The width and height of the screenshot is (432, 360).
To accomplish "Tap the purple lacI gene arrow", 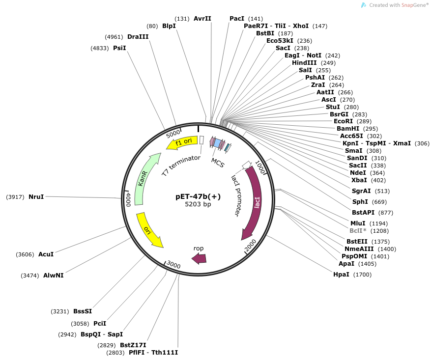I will [x=256, y=202].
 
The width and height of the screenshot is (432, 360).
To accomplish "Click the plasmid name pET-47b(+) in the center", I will [x=198, y=196].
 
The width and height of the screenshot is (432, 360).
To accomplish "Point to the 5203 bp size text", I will [x=198, y=204].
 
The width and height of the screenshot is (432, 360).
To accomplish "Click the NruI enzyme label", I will [x=36, y=196].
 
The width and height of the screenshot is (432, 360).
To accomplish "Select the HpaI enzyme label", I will [x=341, y=274].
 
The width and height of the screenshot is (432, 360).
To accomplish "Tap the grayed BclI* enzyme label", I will [x=358, y=230].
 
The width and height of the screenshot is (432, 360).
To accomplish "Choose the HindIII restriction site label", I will [x=305, y=63].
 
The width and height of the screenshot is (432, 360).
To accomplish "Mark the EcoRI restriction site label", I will [x=343, y=121].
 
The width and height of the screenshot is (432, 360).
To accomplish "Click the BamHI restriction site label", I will [x=346, y=129].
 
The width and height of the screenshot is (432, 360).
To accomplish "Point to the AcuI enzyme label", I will [x=46, y=254].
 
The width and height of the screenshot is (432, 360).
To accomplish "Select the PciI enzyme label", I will [x=100, y=323].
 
